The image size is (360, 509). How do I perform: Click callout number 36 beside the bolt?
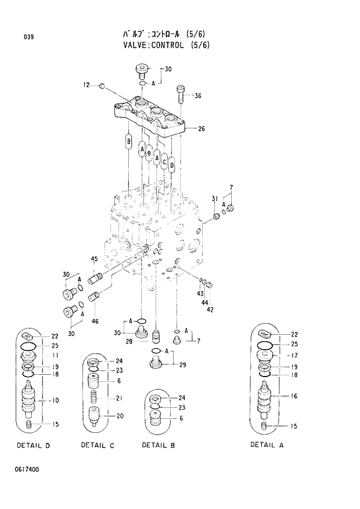pyautogui.click(x=197, y=96)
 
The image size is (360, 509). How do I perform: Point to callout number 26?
pyautogui.click(x=201, y=128)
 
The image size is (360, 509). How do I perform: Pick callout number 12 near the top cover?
pyautogui.click(x=86, y=85)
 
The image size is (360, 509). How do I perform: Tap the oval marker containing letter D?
pyautogui.click(x=172, y=165)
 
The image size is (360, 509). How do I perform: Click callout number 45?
pyautogui.click(x=93, y=259)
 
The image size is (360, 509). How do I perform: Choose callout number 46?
pyautogui.click(x=95, y=321)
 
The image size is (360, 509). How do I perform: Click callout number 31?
pyautogui.click(x=214, y=199)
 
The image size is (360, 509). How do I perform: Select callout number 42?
pyautogui.click(x=210, y=309)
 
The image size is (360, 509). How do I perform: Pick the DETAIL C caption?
pyautogui.click(x=97, y=446)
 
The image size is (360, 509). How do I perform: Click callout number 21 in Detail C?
pyautogui.click(x=118, y=399)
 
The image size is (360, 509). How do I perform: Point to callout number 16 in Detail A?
pyautogui.click(x=294, y=396)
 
